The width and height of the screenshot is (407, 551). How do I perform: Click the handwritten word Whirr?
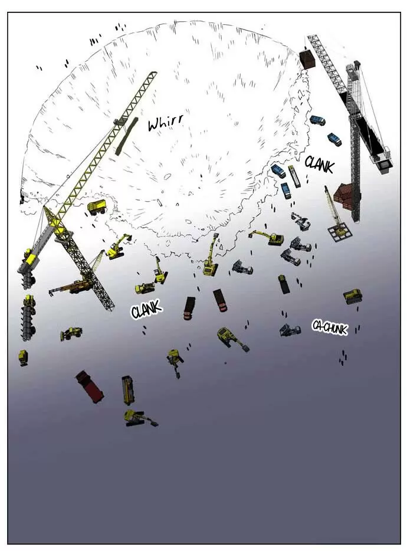pos(165,122)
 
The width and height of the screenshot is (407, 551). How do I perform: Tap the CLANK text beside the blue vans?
pos(319,164)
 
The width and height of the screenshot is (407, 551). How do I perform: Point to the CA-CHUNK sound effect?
pos(329,327)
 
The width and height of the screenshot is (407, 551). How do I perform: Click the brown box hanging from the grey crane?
pos(307,59)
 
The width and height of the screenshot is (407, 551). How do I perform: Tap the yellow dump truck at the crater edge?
pos(97,206)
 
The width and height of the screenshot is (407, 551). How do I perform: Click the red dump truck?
pos(90,386)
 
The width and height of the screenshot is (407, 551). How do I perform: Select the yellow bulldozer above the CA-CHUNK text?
pos(352,296)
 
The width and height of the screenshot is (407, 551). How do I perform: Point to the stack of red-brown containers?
pos(343,196)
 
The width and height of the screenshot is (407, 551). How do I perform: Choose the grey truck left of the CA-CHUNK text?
pos(290,330)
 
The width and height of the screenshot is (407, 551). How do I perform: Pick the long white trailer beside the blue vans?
pos(294,176)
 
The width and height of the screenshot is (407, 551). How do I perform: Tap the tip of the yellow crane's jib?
pos(154,73)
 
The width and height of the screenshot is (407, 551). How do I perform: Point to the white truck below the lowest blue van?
pos(300,221)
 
